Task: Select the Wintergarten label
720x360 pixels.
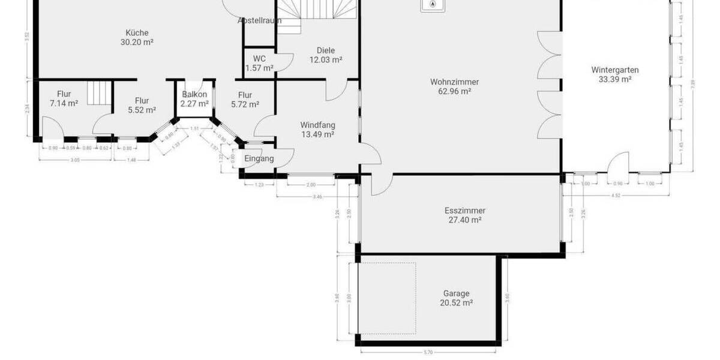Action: [x=614, y=70]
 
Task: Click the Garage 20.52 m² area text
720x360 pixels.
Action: [x=456, y=304]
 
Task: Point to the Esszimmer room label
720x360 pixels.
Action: [x=464, y=211]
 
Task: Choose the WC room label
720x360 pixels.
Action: [x=259, y=59]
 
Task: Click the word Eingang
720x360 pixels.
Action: [x=259, y=158]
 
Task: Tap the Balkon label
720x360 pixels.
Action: [x=194, y=95]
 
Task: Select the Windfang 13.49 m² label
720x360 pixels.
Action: [x=317, y=130]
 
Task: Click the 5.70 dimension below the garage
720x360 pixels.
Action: [x=428, y=352]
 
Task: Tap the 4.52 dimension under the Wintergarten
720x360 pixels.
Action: [x=616, y=195]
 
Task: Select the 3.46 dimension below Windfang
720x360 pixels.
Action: [x=317, y=197]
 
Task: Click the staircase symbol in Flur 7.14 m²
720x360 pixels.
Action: [x=100, y=93]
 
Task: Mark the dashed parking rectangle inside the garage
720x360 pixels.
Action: [x=387, y=298]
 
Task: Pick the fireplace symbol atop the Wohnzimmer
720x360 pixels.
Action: [x=433, y=5]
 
